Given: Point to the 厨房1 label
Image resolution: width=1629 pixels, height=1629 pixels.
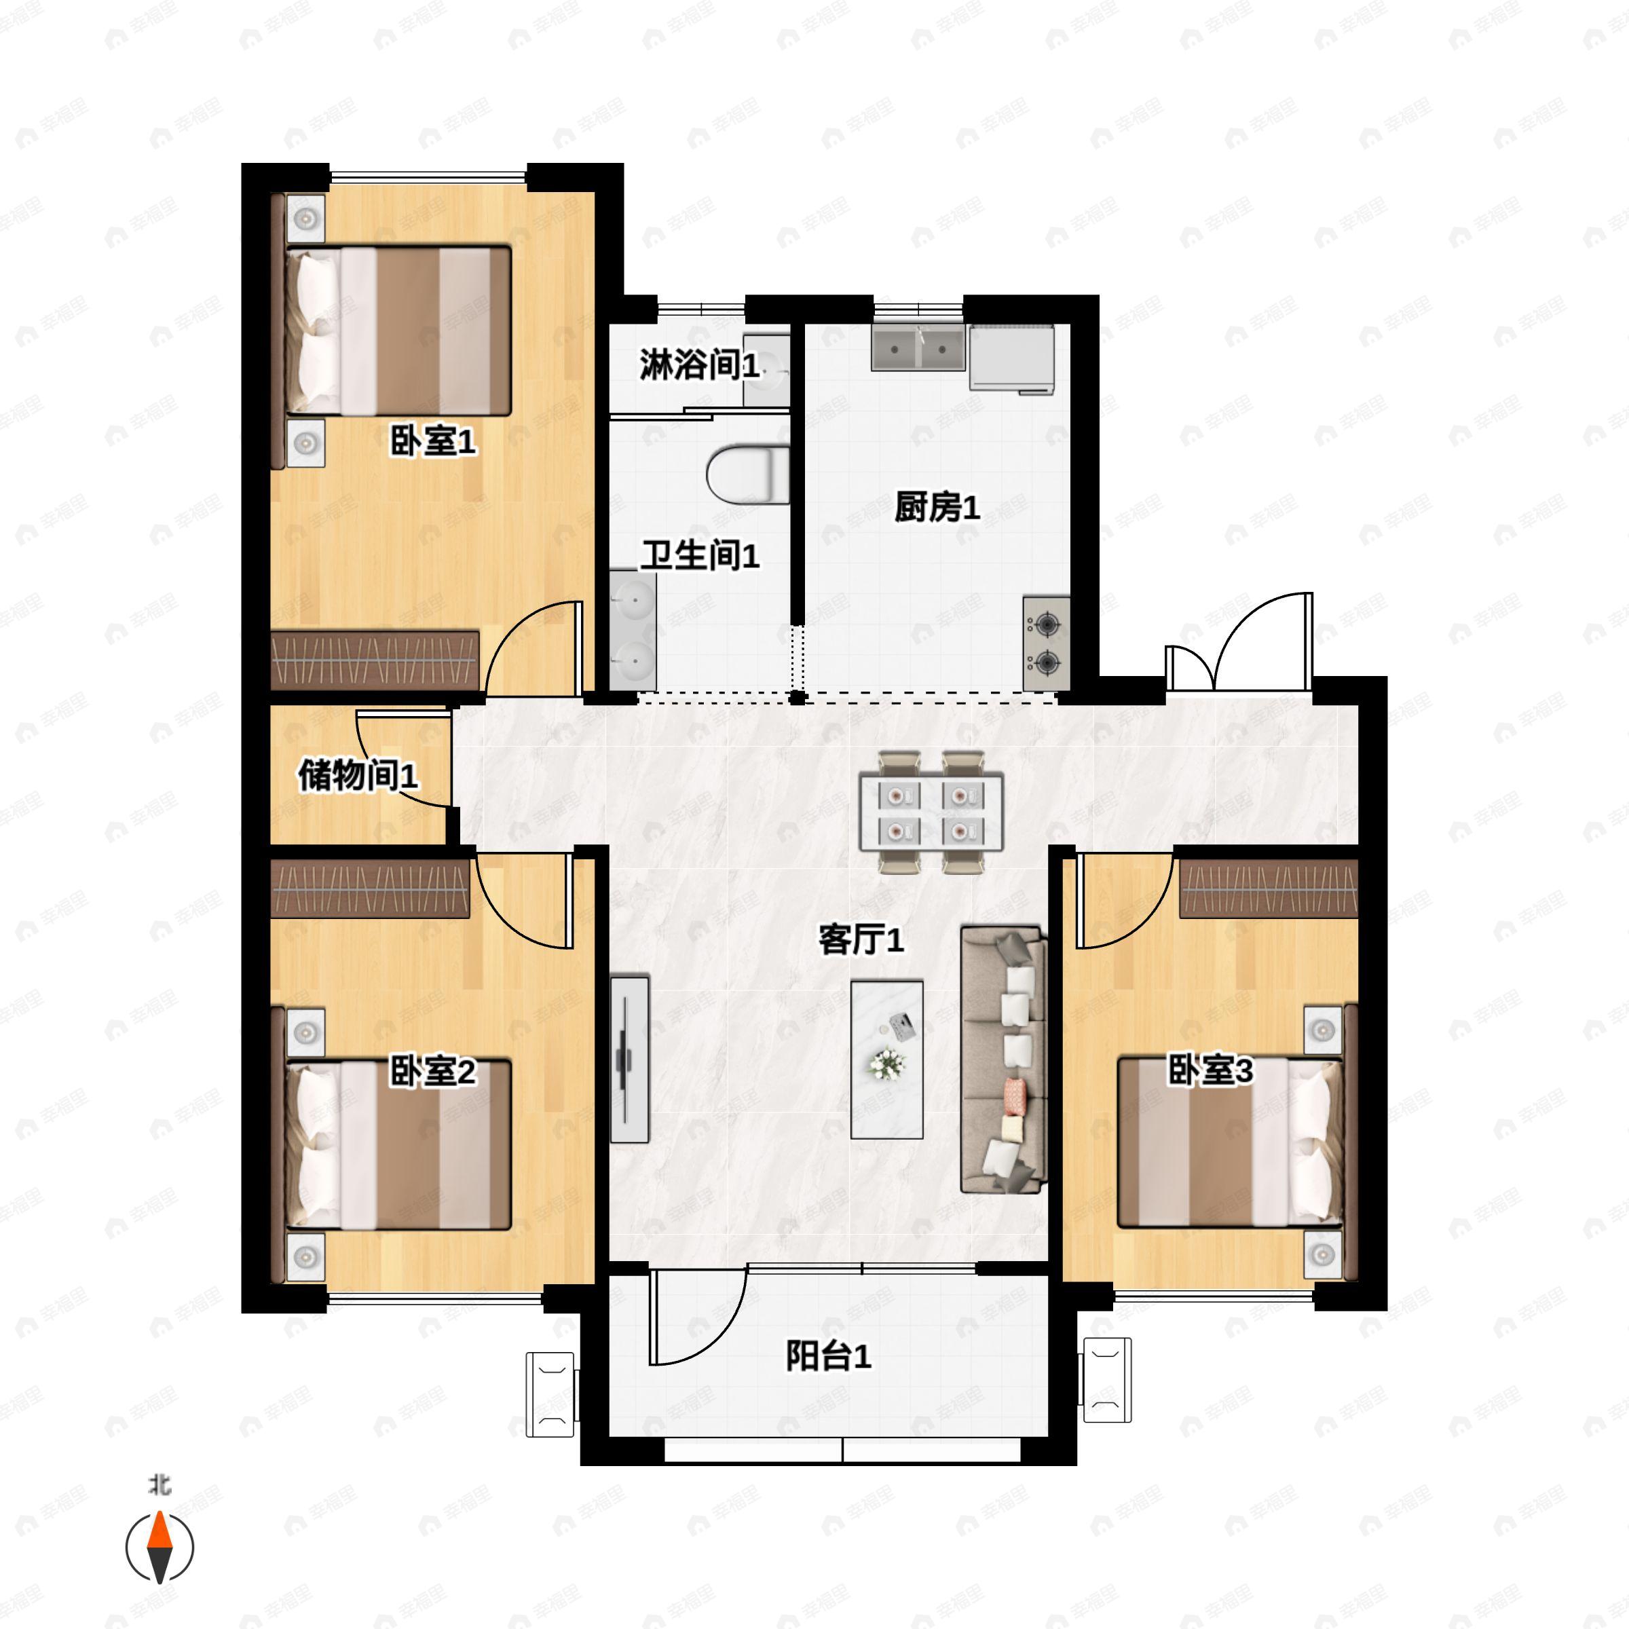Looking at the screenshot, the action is tap(937, 508).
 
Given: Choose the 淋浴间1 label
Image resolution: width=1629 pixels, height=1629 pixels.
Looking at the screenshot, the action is tap(700, 365).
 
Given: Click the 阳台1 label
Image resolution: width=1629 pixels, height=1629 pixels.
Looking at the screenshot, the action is tap(828, 1356).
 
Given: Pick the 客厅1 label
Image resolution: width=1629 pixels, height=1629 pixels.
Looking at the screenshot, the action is tap(861, 939).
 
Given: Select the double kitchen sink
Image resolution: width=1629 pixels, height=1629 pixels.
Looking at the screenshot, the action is tap(918, 348).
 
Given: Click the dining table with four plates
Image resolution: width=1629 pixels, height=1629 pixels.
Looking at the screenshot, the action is tap(931, 812).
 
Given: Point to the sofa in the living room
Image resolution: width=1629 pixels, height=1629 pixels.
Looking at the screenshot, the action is tap(1003, 1060).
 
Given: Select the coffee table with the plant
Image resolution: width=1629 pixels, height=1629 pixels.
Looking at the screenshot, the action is tap(886, 1059).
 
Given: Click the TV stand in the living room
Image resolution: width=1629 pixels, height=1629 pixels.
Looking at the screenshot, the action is tap(629, 1059).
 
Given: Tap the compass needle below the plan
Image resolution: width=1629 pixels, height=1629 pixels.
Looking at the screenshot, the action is tap(160, 1546).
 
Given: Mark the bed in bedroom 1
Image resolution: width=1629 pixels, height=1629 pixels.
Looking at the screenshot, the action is tap(398, 331).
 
